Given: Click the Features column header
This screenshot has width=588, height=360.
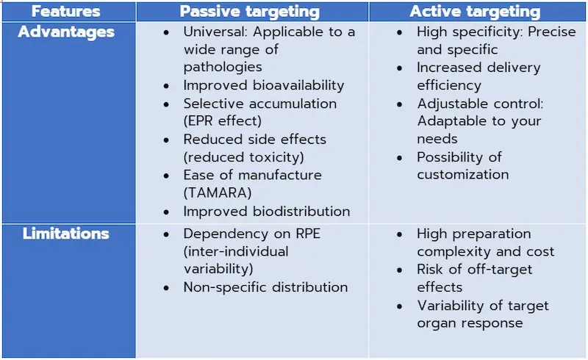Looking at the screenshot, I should tap(65, 12).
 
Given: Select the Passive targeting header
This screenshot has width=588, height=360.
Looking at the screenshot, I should tap(250, 12).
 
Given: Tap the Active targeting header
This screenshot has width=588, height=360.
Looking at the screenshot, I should tap(475, 12).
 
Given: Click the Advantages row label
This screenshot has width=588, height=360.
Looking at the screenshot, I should tap(66, 32).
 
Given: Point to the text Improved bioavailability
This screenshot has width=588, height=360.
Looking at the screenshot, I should tap(264, 85).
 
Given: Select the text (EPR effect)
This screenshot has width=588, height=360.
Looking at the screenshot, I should tap(222, 121).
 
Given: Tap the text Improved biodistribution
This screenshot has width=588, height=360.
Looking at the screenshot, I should tap(266, 211).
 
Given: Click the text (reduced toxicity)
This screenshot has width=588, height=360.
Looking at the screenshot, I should tap(243, 156).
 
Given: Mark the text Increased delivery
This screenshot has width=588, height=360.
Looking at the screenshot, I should tap(478, 68).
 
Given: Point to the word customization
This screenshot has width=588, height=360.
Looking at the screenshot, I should tap(463, 175).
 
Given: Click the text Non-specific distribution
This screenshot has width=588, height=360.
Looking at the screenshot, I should tap(265, 287).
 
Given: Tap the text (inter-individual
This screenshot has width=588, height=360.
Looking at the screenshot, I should tap(236, 251).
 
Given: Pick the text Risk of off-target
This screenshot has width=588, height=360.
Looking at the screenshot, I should tap(474, 270).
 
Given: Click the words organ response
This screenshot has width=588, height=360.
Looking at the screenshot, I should tap(470, 323).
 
